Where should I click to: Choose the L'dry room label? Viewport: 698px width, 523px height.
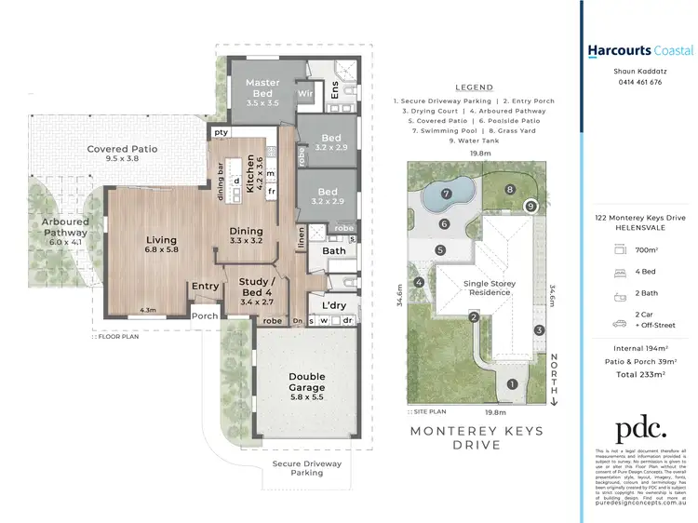[333, 305]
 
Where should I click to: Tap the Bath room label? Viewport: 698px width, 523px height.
[334, 250]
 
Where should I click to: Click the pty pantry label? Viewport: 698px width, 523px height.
[221, 132]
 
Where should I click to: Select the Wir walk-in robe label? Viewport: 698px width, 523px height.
[304, 94]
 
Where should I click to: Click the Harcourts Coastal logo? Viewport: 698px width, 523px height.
[640, 50]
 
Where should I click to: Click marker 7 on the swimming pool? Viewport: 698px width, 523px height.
[446, 194]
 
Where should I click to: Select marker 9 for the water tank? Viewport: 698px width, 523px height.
[530, 206]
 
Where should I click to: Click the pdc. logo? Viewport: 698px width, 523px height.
[640, 428]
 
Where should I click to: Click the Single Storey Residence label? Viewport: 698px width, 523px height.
[490, 287]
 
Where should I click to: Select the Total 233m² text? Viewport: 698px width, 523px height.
[640, 374]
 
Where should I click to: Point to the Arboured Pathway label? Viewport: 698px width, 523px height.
[64, 227]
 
